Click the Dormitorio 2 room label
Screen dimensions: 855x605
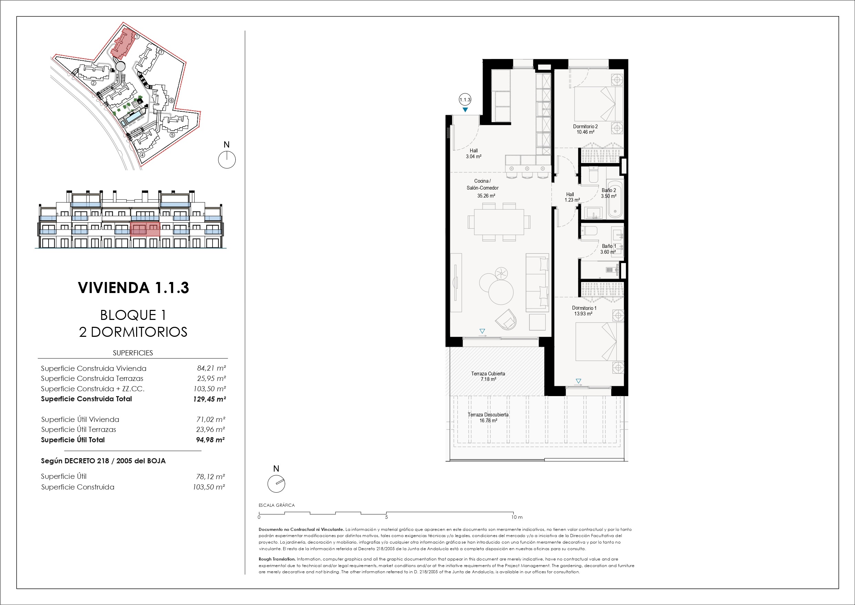[x=585, y=129]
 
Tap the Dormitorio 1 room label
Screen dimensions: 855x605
[x=584, y=311]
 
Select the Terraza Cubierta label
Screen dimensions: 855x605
[x=488, y=376]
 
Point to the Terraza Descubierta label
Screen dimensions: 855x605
[x=488, y=417]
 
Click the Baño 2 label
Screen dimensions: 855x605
[x=608, y=193]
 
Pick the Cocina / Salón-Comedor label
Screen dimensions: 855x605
[x=483, y=188]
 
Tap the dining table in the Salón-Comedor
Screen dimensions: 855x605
[x=499, y=222]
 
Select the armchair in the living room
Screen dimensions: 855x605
[x=506, y=319]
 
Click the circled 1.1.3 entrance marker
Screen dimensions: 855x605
[x=465, y=100]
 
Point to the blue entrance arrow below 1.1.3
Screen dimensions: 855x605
[x=465, y=110]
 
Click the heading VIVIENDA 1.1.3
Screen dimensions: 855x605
[x=133, y=288]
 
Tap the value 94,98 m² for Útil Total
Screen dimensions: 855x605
[x=210, y=440]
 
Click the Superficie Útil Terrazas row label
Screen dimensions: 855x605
[x=79, y=430]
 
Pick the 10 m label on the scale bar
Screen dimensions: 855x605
[x=517, y=517]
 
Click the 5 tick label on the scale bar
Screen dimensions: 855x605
[x=387, y=517]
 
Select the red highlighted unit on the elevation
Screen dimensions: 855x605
[x=145, y=229]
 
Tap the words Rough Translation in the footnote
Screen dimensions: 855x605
[x=277, y=559]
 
